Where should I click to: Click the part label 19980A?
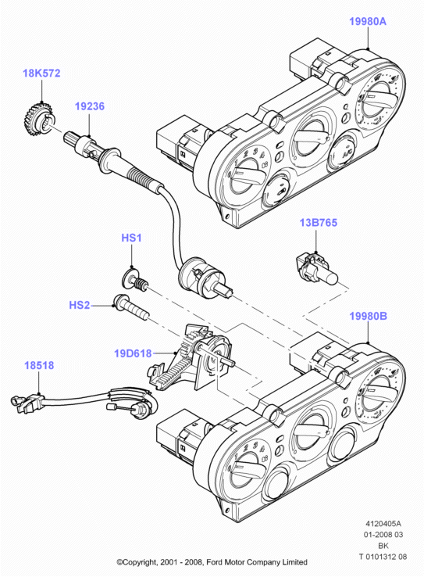(x=368, y=21)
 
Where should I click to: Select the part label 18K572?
(x=41, y=73)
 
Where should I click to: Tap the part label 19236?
(x=90, y=106)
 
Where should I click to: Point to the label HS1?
(x=131, y=238)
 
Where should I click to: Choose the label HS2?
(x=80, y=305)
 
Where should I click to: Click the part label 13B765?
(x=318, y=223)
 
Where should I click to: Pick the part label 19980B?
(x=368, y=316)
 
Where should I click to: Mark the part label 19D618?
(x=133, y=353)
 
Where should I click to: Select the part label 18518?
(x=39, y=365)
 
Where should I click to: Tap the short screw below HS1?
(x=135, y=279)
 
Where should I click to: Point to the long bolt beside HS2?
(x=131, y=307)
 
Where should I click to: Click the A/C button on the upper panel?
(x=343, y=152)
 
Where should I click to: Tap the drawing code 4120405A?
(x=383, y=523)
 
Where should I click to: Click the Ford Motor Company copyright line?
(x=212, y=562)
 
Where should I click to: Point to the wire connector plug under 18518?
(x=27, y=402)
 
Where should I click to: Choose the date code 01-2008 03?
(x=383, y=534)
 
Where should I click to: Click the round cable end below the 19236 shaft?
(x=203, y=276)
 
